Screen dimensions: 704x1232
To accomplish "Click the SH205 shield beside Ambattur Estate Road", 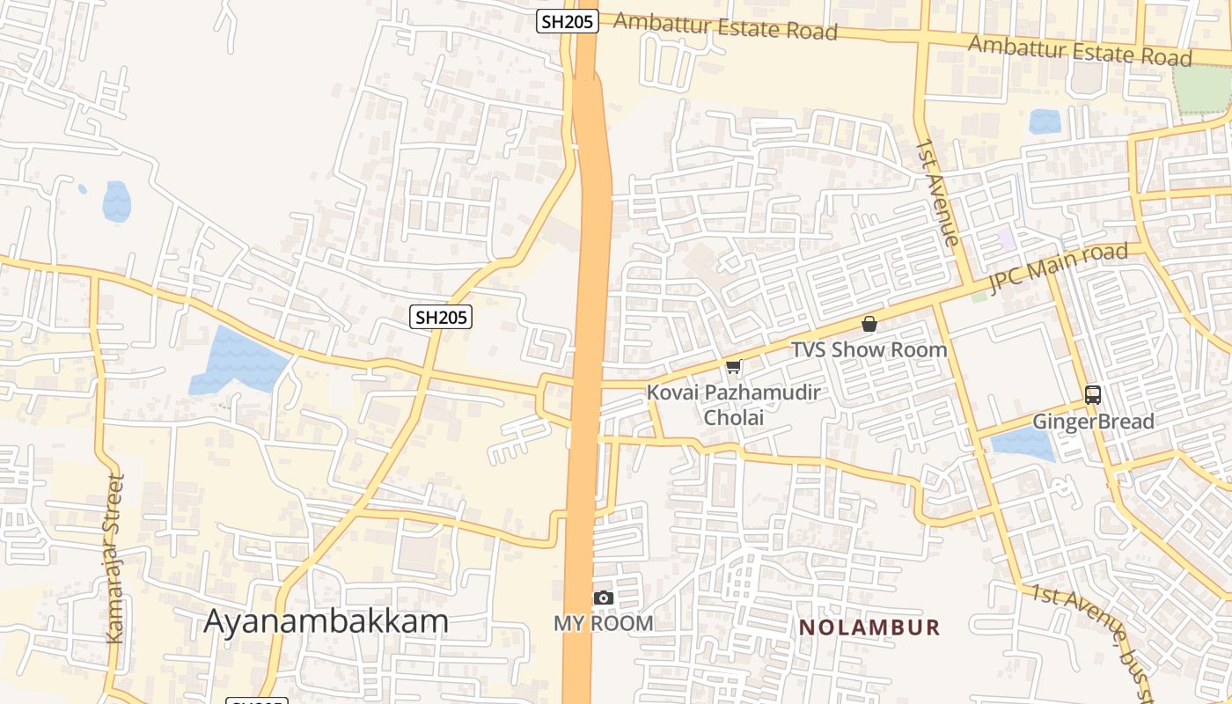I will click(568, 21).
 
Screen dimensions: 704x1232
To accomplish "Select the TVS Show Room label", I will click(869, 349).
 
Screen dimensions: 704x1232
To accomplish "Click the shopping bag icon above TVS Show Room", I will click(869, 324).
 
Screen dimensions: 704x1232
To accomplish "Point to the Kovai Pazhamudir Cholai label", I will click(733, 404).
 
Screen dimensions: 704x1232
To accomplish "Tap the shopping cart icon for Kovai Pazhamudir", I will click(733, 367).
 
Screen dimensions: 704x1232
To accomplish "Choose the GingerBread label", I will click(1093, 422).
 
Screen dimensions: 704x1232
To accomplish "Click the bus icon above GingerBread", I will click(1093, 395).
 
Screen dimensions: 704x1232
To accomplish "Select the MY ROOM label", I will click(603, 623).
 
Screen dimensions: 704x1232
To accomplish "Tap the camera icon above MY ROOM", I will click(603, 598).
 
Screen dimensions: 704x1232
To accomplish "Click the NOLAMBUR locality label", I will click(869, 627).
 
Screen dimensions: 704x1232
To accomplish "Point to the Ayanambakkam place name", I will click(326, 621).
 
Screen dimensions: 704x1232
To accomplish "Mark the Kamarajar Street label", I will click(114, 559).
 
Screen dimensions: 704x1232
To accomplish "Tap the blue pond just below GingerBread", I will click(1023, 444).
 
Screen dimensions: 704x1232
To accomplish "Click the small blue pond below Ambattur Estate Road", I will click(1045, 121).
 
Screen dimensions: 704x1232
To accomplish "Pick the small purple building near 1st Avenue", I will click(1005, 238).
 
